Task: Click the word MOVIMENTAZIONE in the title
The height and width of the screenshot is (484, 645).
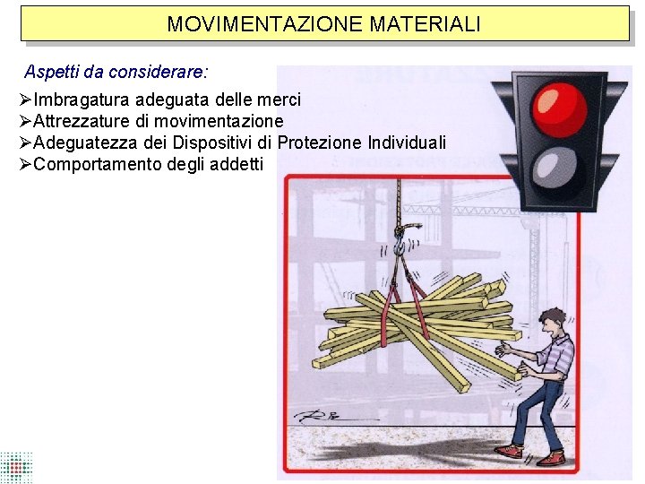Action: click(x=264, y=23)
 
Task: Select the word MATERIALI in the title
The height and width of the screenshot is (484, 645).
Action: click(x=425, y=23)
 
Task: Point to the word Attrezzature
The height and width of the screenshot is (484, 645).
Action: click(x=81, y=121)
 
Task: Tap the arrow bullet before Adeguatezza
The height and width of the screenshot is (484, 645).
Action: click(x=25, y=143)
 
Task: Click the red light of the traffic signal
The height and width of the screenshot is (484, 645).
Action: click(x=559, y=109)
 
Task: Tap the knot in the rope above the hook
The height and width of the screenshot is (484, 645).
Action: click(x=402, y=228)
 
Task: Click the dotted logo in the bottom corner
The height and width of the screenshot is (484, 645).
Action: click(x=15, y=468)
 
